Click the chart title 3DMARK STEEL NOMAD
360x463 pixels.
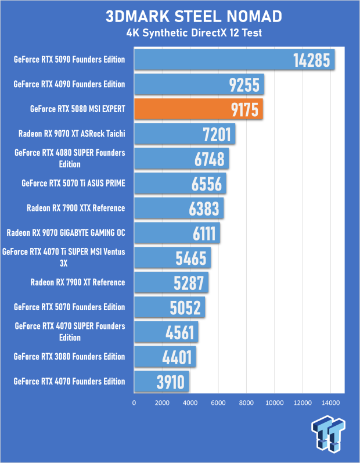click(x=193, y=16)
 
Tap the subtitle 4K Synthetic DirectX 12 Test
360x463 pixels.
click(x=194, y=33)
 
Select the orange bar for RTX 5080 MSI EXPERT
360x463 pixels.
click(x=199, y=109)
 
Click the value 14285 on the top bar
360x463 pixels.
click(x=312, y=60)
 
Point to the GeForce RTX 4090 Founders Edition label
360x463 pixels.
click(x=69, y=84)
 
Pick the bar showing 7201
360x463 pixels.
click(x=185, y=134)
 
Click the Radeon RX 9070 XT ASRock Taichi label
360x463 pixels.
click(x=71, y=134)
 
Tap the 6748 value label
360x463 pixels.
click(x=209, y=159)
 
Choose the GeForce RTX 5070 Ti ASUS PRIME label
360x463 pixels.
click(x=73, y=184)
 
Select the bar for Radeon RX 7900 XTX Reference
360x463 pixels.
click(x=179, y=208)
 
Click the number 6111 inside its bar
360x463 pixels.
click(x=204, y=234)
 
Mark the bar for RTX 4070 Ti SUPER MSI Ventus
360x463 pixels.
click(x=172, y=257)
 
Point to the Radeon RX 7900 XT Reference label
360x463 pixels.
click(x=78, y=282)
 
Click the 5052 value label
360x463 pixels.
click(x=185, y=308)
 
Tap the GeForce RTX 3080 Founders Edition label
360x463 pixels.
click(x=69, y=357)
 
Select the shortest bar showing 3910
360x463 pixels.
click(x=161, y=382)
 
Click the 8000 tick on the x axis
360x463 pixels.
click(x=246, y=403)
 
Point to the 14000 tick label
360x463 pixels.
click(x=330, y=403)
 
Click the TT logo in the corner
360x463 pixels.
click(x=328, y=433)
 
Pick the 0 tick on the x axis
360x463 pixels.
click(x=134, y=403)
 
